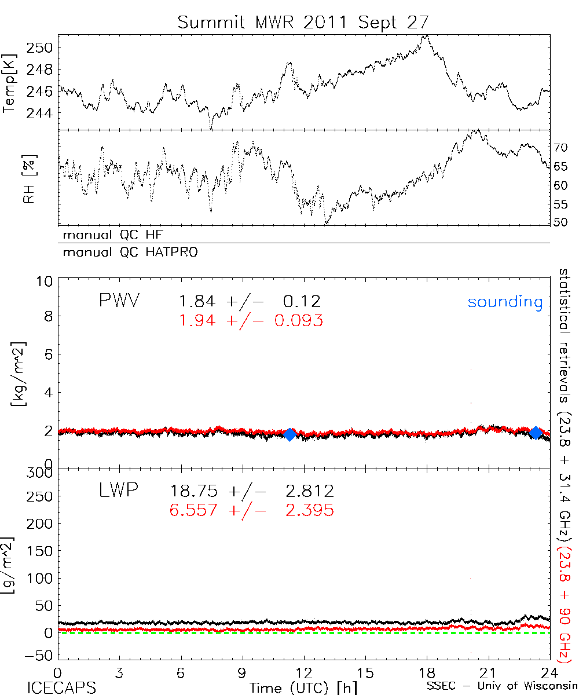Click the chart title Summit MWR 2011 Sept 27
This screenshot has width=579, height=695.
(x=303, y=23)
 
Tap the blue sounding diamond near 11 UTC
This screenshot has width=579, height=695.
(x=290, y=434)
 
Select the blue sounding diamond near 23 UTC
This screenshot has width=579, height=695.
(x=536, y=433)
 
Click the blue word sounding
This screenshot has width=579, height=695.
(x=505, y=302)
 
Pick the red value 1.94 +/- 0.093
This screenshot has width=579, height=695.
(x=250, y=320)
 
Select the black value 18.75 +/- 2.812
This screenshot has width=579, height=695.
(x=252, y=492)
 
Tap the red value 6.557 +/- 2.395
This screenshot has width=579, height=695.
(x=252, y=510)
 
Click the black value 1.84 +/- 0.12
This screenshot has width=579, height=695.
(x=250, y=302)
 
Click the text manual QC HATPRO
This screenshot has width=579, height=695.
(x=126, y=253)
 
